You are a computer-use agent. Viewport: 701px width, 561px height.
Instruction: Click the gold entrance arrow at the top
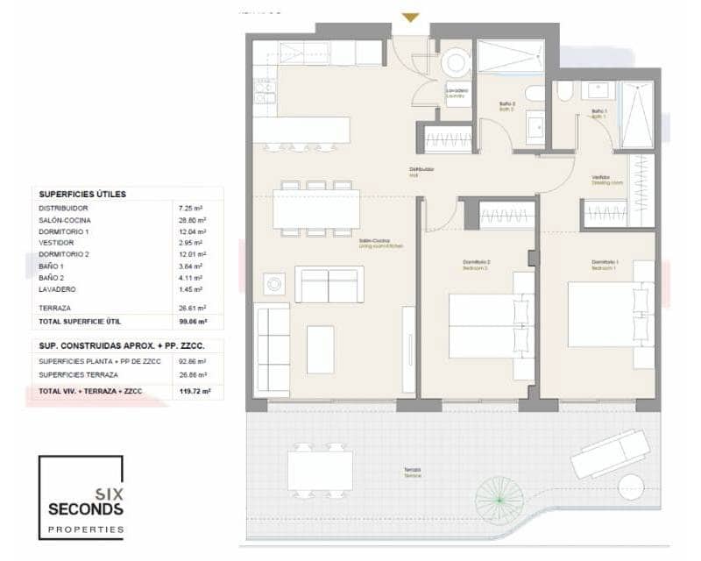click(x=410, y=17)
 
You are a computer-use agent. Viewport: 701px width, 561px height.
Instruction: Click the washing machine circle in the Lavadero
click(x=456, y=62)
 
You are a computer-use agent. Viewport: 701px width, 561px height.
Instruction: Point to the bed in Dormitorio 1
click(x=610, y=313)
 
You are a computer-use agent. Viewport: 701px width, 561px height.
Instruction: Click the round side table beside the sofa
click(x=275, y=283)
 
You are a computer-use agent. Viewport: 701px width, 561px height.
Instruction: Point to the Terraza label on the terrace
click(x=412, y=472)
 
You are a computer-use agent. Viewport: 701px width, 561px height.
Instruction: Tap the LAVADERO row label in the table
click(x=57, y=289)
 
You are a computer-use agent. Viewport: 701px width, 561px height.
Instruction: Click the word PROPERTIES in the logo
click(x=85, y=529)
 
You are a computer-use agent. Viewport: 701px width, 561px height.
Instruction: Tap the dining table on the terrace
click(x=320, y=470)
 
